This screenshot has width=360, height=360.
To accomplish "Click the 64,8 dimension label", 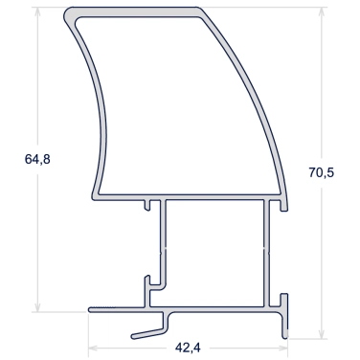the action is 37,159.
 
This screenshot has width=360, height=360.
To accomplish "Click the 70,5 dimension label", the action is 321,172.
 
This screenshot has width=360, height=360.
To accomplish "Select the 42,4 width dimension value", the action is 188,348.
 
